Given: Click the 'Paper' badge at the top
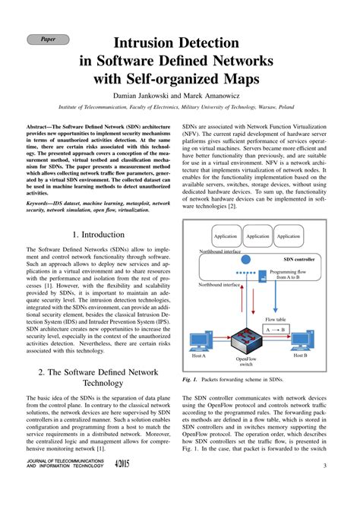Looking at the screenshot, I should coord(47,37).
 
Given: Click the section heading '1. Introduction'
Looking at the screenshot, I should coord(96,236).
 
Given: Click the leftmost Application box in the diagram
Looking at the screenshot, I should coord(226,236).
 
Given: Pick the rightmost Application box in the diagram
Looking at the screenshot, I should coord(288,236).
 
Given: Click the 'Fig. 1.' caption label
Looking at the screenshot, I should coord(190,378).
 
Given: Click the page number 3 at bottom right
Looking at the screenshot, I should coord(324,488).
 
